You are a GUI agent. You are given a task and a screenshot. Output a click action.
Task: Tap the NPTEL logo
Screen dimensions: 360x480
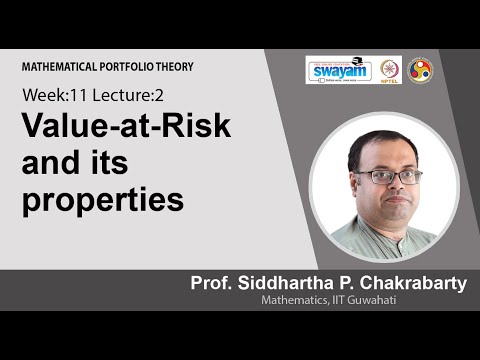(x=389, y=70)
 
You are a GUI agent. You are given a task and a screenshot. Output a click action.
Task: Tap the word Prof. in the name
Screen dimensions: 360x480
(x=214, y=285)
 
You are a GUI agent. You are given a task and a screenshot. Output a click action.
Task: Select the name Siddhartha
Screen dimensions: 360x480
(x=290, y=285)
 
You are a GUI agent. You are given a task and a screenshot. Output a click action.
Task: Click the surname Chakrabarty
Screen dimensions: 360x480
(x=411, y=285)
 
